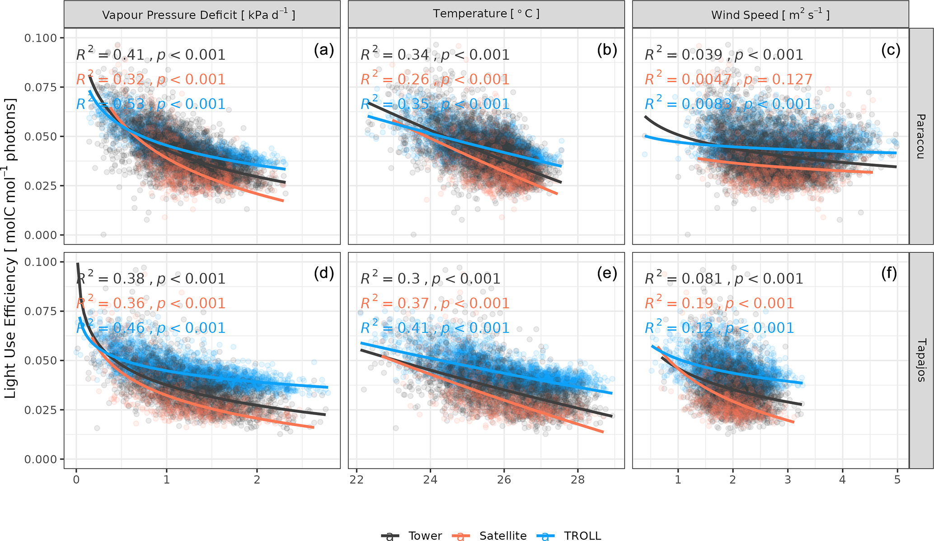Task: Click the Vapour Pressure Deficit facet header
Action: (199, 15)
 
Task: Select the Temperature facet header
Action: (486, 14)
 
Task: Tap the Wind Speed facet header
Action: (770, 15)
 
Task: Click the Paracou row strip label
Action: (920, 136)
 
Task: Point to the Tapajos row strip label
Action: (921, 360)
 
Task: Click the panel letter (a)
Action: (324, 50)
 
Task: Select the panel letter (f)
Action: (889, 274)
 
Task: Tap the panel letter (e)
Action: (607, 274)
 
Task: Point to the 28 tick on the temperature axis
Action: (577, 480)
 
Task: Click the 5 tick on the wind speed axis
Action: (897, 480)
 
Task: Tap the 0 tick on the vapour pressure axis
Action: (76, 480)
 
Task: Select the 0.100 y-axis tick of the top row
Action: (41, 38)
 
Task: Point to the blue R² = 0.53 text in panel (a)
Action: (110, 104)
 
